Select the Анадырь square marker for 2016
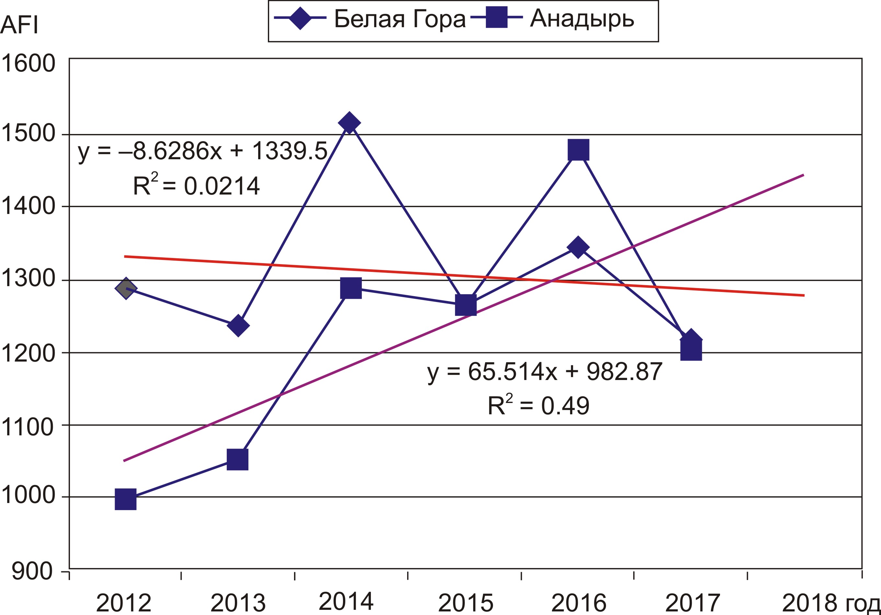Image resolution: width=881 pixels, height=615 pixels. (578, 150)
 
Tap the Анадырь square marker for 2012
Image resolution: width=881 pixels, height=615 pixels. (125, 499)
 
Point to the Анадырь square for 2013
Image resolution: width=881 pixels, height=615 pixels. (237, 459)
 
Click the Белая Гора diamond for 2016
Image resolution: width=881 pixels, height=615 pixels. (578, 247)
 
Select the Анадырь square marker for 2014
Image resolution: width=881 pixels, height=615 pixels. (351, 288)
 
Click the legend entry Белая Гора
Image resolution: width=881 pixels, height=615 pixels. (399, 18)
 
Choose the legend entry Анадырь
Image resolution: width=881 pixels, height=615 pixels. (582, 18)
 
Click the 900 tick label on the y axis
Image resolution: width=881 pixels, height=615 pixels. (32, 571)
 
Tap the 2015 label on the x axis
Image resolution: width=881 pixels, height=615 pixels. (465, 603)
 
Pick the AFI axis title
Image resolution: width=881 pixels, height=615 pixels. (19, 25)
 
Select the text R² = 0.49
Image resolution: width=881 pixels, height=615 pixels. (538, 406)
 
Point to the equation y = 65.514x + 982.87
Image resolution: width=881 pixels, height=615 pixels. (545, 371)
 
